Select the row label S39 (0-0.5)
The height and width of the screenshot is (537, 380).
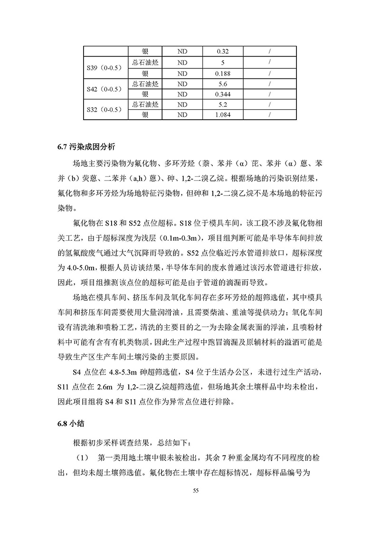tap(105, 67)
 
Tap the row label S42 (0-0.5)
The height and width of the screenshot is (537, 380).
tap(105, 89)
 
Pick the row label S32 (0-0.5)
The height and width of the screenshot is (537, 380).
tap(105, 110)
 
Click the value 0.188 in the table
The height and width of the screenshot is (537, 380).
tap(223, 73)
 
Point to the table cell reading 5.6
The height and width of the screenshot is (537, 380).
tap(223, 84)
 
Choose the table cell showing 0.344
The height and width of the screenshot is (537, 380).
tap(223, 94)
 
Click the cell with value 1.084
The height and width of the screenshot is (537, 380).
tap(223, 115)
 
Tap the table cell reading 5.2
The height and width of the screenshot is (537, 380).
tap(223, 104)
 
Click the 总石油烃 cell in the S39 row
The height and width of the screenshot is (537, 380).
tap(145, 63)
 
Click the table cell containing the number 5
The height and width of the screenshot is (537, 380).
tap(223, 63)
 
